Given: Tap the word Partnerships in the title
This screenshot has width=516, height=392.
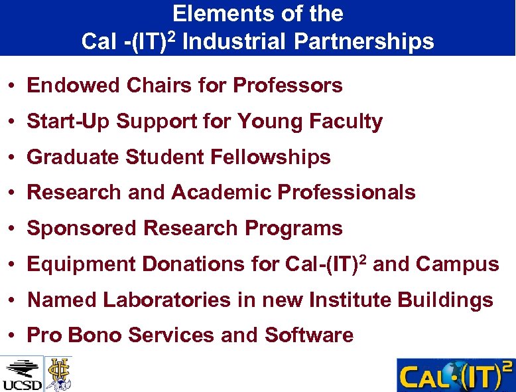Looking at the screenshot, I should [363, 41].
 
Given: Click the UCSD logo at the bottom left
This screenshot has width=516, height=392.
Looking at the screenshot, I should [22, 374].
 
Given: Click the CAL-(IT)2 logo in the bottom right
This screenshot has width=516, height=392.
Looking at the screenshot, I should [455, 375].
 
